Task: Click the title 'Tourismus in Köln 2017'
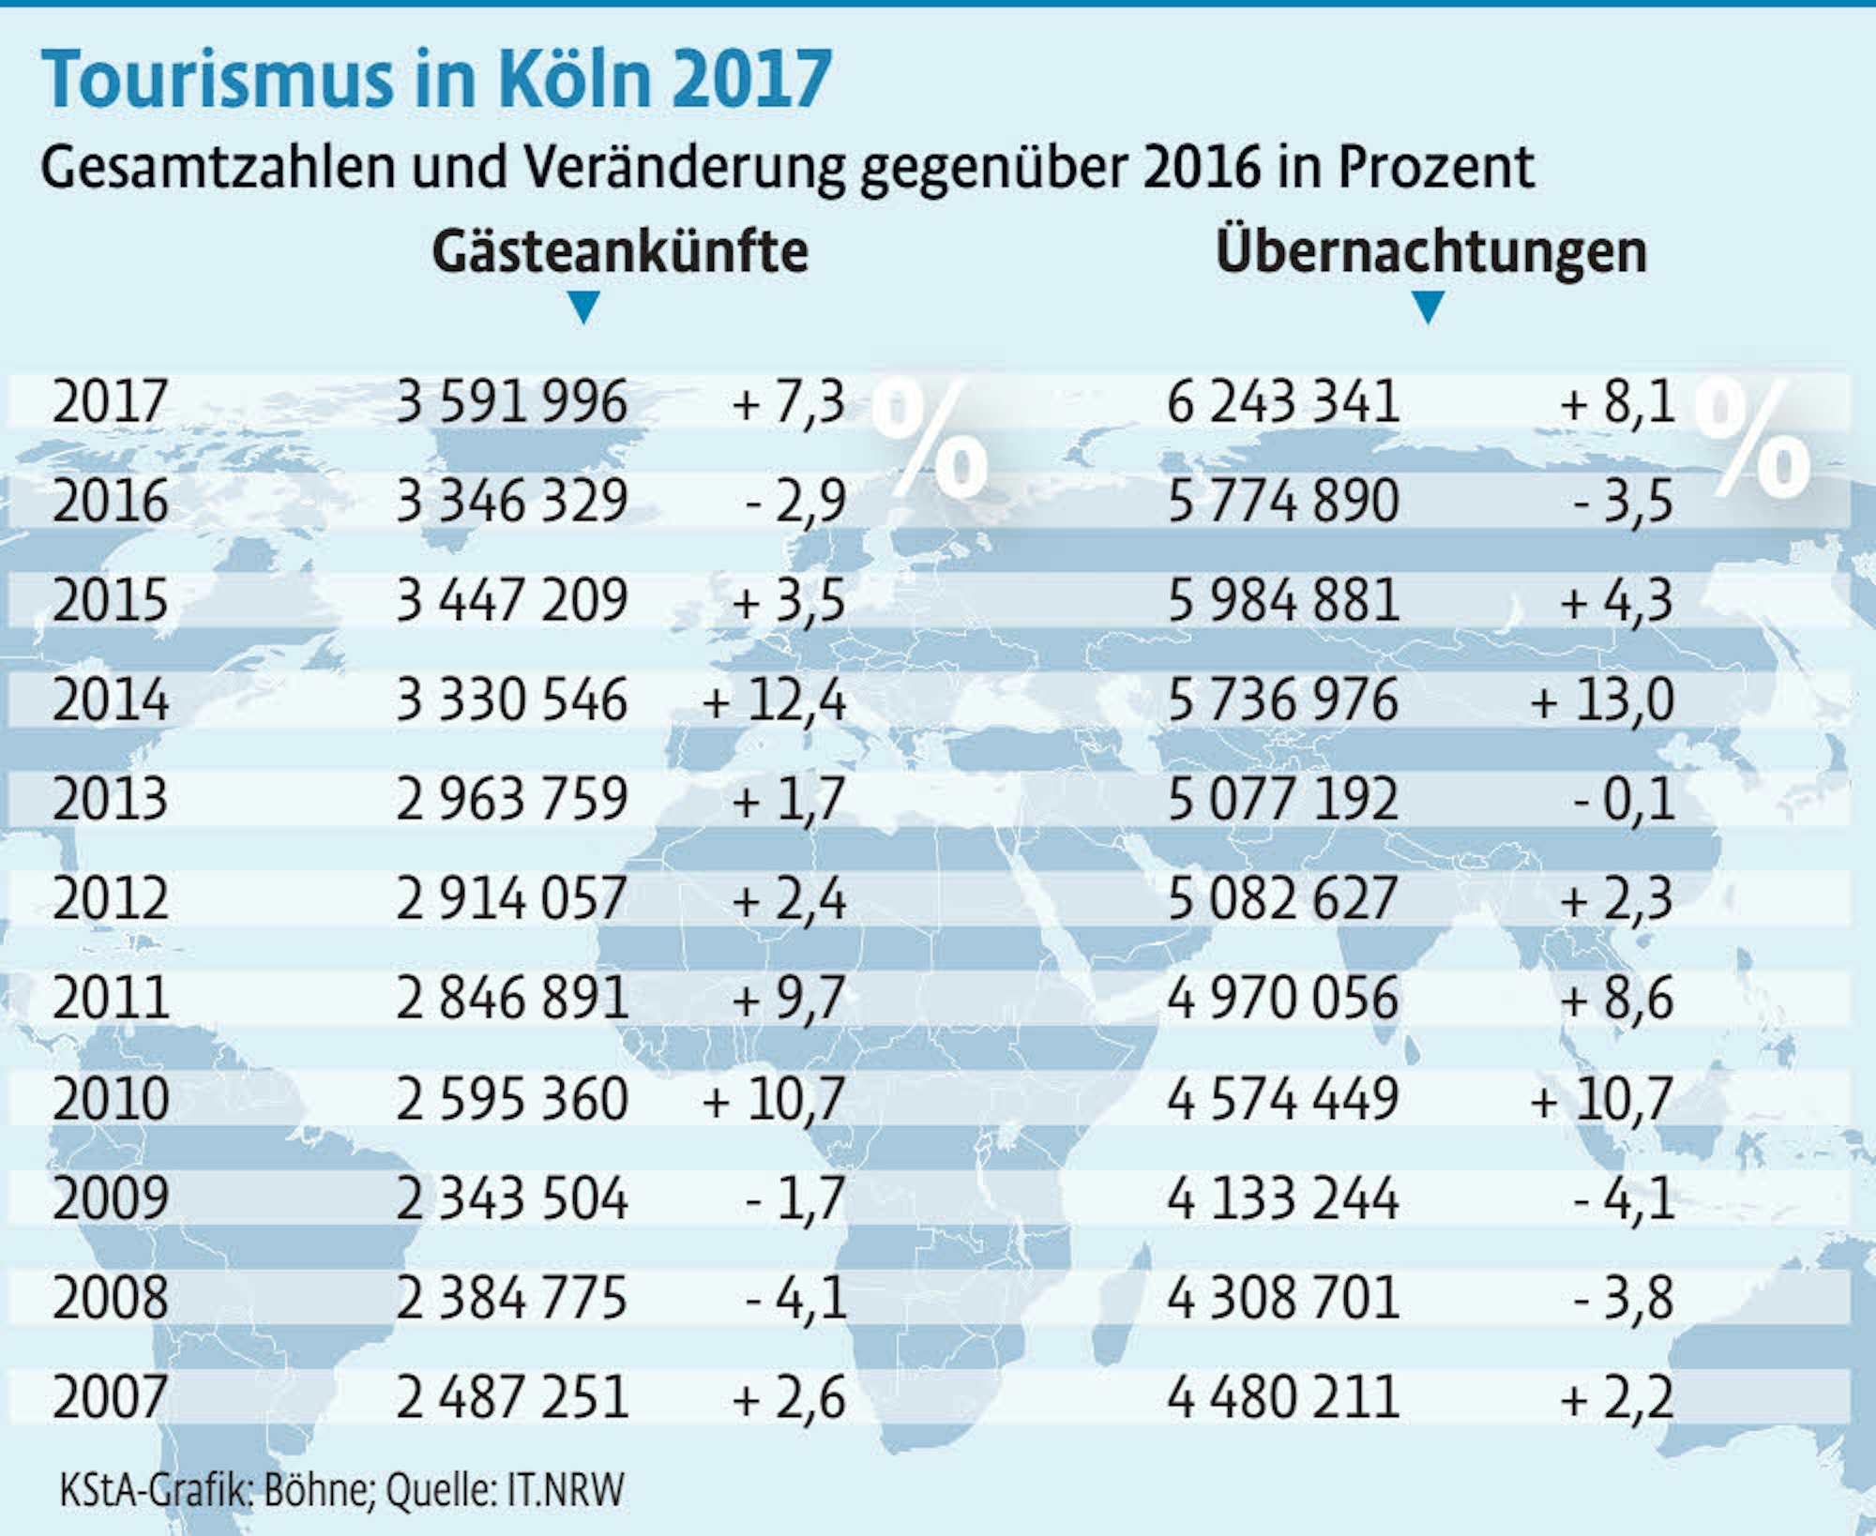[436, 79]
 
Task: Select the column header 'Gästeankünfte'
[620, 251]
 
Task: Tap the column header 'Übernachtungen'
[1430, 251]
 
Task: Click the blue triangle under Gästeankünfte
[583, 306]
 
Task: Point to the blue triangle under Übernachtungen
[1428, 306]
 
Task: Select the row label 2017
[110, 401]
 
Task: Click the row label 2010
[110, 1098]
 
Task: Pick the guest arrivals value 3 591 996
[511, 401]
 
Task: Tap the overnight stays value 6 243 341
[1283, 401]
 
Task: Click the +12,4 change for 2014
[774, 700]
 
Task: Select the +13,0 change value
[1602, 700]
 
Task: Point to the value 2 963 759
[511, 800]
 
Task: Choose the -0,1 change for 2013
[1623, 800]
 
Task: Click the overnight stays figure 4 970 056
[1283, 998]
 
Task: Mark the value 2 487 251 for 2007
[511, 1396]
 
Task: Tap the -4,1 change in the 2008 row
[795, 1298]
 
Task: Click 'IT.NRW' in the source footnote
[565, 1489]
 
